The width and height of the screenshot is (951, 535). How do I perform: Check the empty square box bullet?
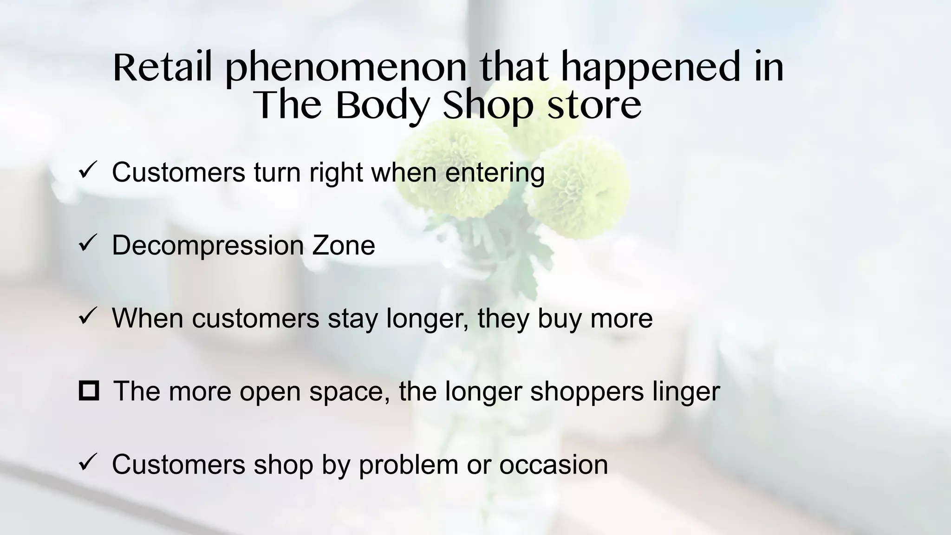89,391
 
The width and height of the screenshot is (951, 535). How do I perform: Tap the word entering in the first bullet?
495,173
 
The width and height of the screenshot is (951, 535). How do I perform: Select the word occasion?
554,464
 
